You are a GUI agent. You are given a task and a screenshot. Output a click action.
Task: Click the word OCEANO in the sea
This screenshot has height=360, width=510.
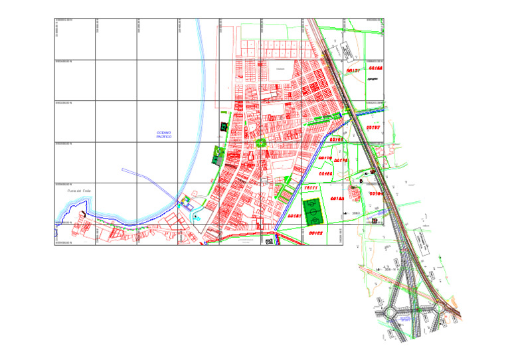pos(164,132)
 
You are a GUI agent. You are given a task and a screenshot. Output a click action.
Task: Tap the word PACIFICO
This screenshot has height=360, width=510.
pos(164,137)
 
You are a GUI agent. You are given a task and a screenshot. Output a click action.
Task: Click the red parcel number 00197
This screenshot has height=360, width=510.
pos(373,128)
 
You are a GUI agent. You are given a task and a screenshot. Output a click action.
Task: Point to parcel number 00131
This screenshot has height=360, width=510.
pos(353,70)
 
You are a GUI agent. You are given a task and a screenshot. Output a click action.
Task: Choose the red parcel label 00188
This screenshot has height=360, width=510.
pos(375,68)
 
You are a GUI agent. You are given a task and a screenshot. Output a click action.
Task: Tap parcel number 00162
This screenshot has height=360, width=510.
pos(314,233)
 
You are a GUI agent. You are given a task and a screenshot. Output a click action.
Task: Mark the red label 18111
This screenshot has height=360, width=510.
pos(311,188)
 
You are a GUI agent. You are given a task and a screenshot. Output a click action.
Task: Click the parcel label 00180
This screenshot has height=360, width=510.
pos(326,173)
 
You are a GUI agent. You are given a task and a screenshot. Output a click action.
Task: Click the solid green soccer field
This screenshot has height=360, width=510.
pos(312,211)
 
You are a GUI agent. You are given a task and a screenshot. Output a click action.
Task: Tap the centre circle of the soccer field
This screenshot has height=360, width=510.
pos(312,211)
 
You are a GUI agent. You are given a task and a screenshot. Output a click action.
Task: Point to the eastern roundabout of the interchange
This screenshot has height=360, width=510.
pos(439,307)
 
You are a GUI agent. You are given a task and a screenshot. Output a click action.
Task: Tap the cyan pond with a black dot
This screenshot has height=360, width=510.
pos(197,217)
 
